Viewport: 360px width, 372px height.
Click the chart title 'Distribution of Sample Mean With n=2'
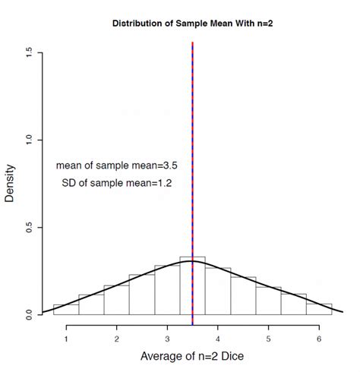[x=192, y=24]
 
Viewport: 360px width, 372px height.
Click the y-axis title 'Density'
[x=10, y=183]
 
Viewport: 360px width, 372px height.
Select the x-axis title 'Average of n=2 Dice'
[x=192, y=355]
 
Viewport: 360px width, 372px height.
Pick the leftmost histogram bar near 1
[x=66, y=310]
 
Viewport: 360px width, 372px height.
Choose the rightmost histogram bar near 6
[x=319, y=309]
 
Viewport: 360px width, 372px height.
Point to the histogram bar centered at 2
[x=116, y=301]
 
